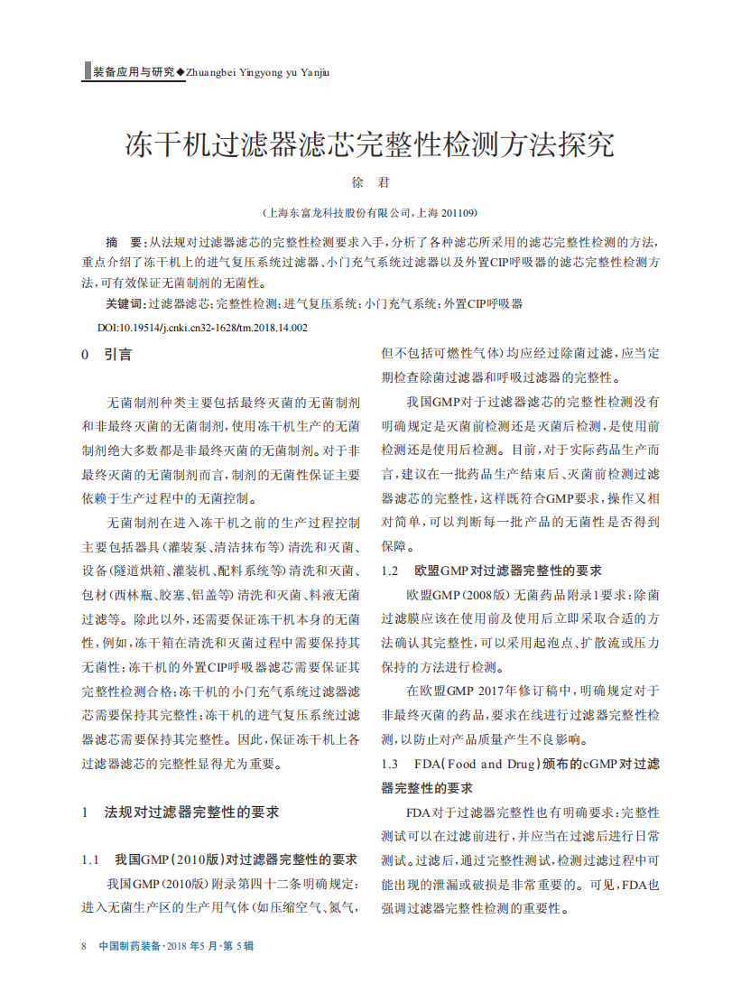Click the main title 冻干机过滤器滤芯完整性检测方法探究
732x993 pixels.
coord(369,144)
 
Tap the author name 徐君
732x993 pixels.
coord(369,182)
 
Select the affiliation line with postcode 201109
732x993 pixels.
coord(369,213)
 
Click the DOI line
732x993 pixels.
coord(202,328)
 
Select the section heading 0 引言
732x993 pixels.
coord(107,355)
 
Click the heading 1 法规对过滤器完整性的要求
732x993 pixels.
coord(181,812)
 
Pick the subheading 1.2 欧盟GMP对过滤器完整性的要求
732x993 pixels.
coord(492,571)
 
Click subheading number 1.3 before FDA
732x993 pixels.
coord(390,765)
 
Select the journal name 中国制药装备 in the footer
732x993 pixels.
coord(130,946)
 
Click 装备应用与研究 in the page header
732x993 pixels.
coord(134,72)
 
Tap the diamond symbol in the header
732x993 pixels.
coord(181,72)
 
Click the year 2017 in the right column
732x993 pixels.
coord(488,691)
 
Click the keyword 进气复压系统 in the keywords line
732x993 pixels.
coord(321,304)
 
